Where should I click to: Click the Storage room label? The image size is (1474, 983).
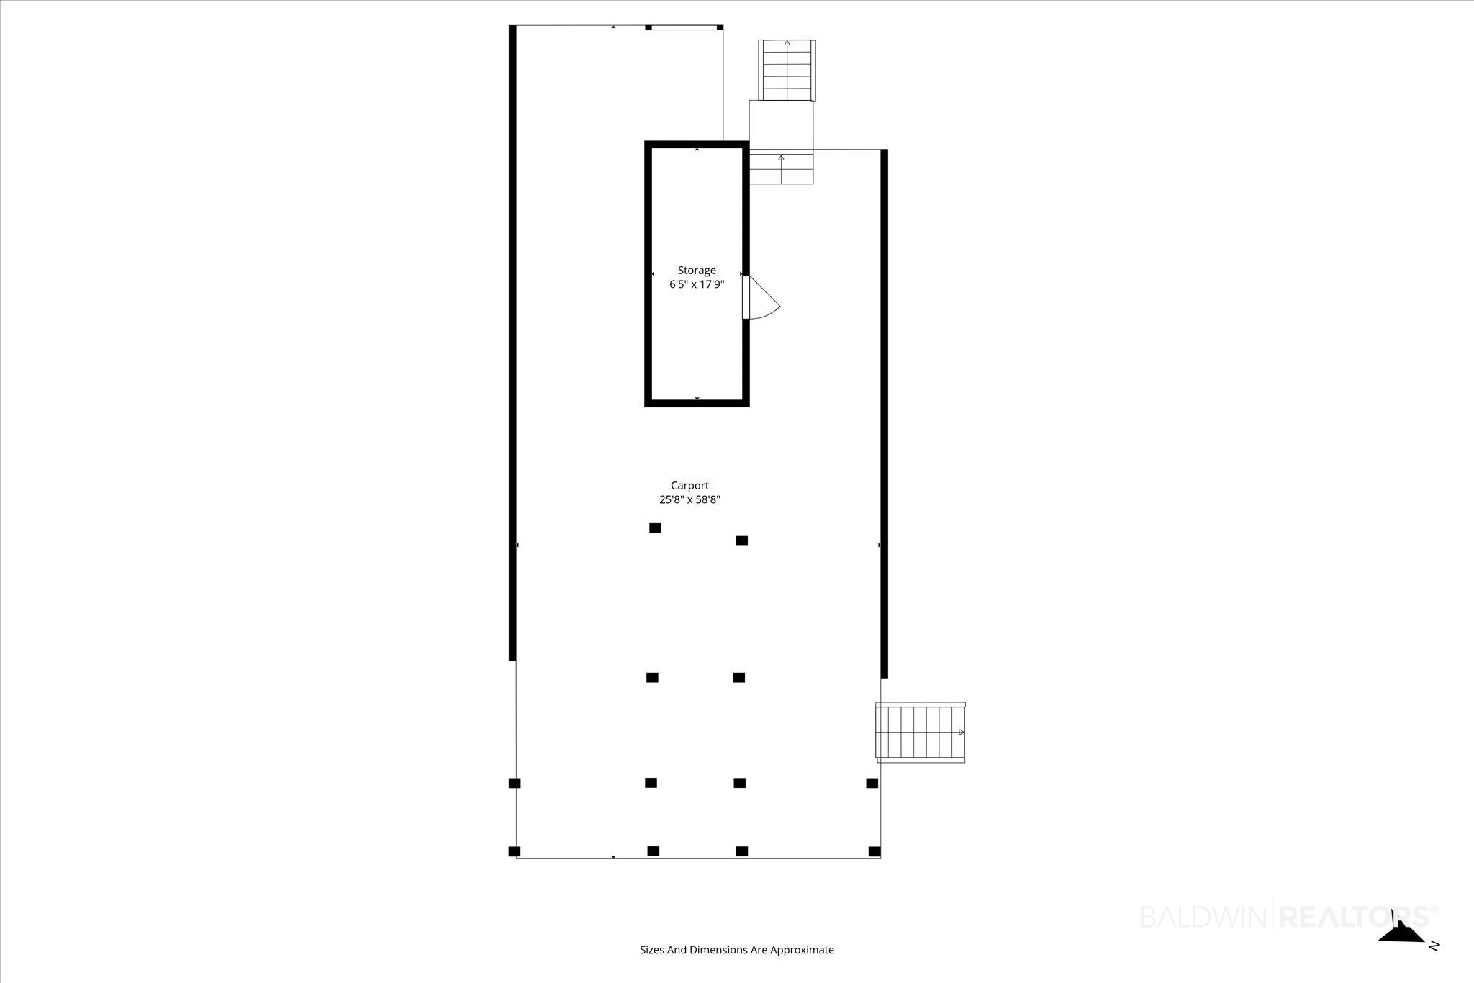pos(697,271)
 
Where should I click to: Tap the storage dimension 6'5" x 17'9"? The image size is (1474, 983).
pos(697,284)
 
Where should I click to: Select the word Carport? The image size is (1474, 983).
pos(689,486)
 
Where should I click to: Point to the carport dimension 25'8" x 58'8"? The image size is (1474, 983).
pos(689,499)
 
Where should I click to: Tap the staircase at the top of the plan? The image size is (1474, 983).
pos(787,71)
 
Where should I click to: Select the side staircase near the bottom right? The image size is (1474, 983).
pos(921,732)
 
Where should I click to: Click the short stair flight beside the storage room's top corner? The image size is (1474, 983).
pos(782,169)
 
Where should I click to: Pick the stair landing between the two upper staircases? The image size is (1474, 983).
pos(782,127)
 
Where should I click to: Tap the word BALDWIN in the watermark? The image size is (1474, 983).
pos(1206,917)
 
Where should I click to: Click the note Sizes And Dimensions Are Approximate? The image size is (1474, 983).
pos(737,950)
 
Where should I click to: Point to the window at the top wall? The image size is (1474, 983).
pos(684,28)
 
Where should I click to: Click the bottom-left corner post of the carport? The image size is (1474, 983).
pos(515,851)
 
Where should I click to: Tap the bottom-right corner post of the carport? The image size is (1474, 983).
pos(874,851)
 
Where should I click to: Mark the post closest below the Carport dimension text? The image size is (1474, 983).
pos(655,528)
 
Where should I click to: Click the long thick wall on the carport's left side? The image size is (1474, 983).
pos(512,343)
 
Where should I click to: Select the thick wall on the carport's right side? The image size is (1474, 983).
pos(885,414)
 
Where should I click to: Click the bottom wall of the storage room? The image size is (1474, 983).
pos(697,403)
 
